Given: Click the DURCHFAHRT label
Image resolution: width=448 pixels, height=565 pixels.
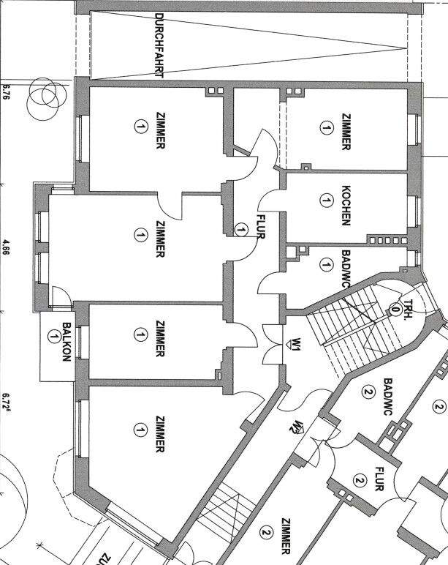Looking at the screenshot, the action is click(160, 45).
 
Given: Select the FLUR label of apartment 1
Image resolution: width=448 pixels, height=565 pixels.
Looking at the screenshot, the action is click(259, 227).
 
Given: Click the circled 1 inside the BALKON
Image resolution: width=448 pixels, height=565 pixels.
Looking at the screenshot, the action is click(53, 337).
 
